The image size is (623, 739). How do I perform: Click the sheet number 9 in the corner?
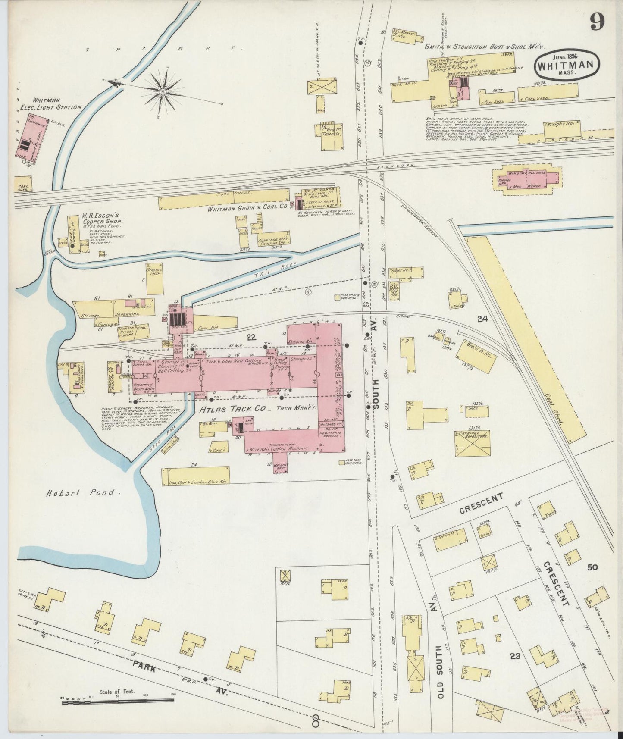(x=597, y=22)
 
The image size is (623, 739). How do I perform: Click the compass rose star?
(x=163, y=91)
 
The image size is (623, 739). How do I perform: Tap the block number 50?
(x=592, y=567)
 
